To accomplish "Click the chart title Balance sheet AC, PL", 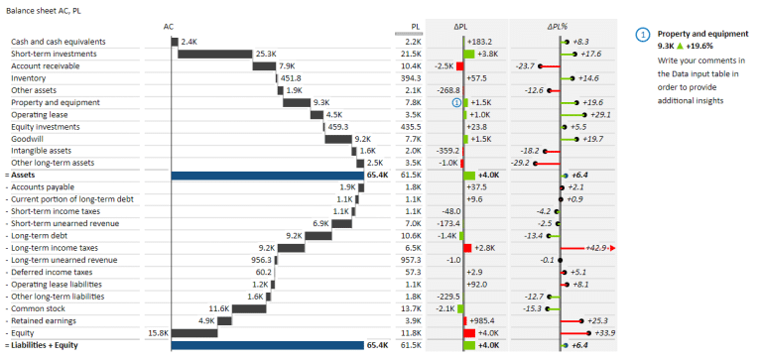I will pos(44,10).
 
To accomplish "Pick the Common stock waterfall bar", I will pos(242,308).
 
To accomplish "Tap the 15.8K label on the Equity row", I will pos(158,333).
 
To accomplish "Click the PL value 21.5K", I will pos(412,54).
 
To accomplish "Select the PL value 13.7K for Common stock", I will pos(412,308).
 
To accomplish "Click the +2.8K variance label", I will pos(485,248).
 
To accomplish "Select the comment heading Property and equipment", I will pos(702,33).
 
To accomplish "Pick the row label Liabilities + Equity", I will pos(44,345).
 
